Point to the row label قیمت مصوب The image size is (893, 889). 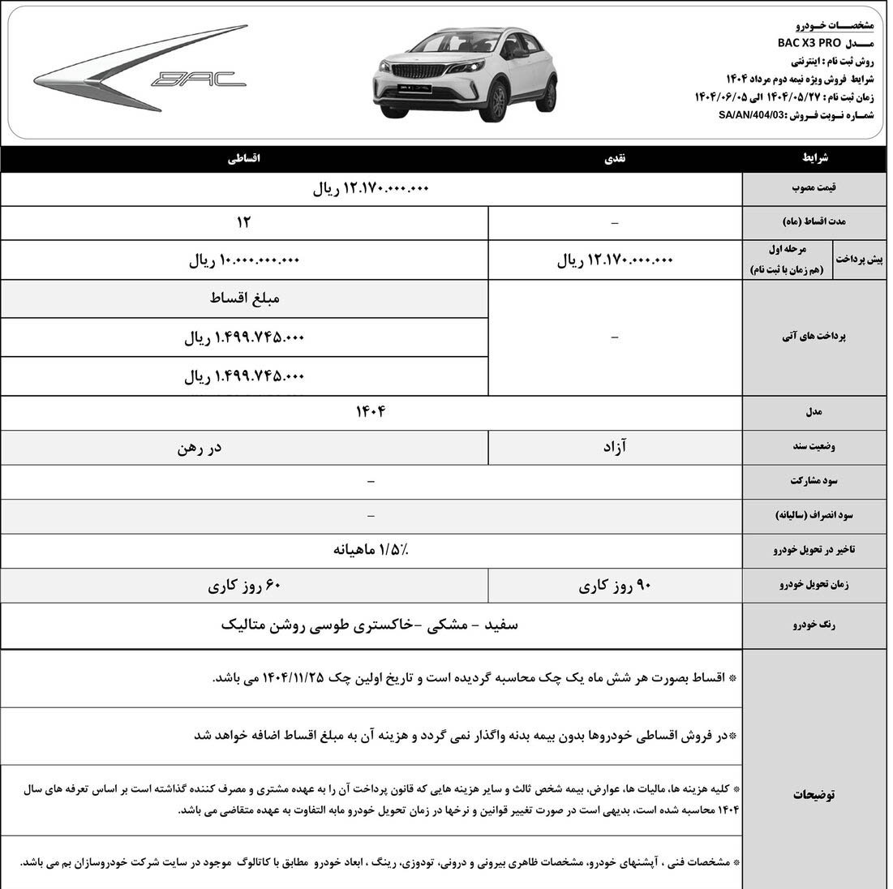click(x=814, y=188)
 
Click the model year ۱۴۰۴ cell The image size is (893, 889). click(x=371, y=412)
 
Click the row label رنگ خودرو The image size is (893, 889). click(x=813, y=625)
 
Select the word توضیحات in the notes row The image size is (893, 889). click(x=814, y=794)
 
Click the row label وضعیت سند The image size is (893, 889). click(x=814, y=447)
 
